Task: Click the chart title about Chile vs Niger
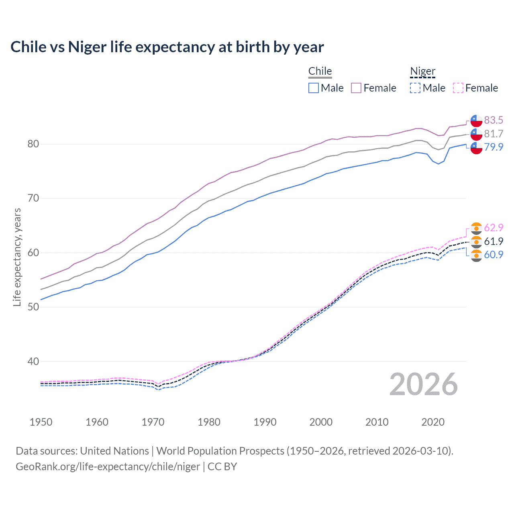(x=167, y=47)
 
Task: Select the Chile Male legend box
(x=314, y=88)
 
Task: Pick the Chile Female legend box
(x=356, y=88)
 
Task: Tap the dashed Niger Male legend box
(x=415, y=88)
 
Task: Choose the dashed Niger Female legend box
(x=458, y=88)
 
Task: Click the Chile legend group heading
(x=320, y=71)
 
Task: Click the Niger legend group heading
(x=422, y=71)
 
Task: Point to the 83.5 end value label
(x=494, y=120)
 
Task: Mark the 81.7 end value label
(x=494, y=134)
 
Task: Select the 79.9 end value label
(x=494, y=147)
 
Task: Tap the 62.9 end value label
(x=494, y=228)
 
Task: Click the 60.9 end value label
(x=494, y=255)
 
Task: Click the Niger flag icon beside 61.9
(x=476, y=242)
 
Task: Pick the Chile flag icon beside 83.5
(x=476, y=120)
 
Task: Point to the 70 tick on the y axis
(x=33, y=198)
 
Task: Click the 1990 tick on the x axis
(x=265, y=422)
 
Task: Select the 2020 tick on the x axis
(x=433, y=422)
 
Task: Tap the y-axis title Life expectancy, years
(x=17, y=257)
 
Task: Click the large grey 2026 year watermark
(x=424, y=384)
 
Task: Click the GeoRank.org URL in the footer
(x=108, y=467)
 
